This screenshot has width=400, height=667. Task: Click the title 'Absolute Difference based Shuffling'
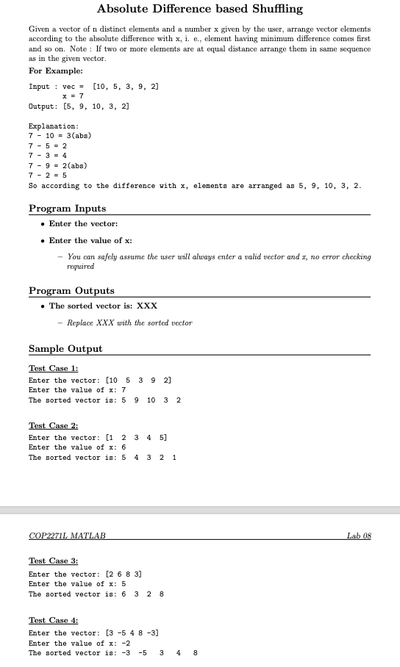click(199, 10)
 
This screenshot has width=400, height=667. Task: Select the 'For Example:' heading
click(56, 71)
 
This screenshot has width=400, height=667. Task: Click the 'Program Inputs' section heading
click(67, 208)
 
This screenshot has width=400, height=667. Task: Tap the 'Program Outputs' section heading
click(71, 291)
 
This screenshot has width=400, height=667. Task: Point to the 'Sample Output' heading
click(65, 348)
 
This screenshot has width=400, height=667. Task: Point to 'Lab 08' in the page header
click(359, 536)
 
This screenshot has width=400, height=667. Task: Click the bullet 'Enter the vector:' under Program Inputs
click(83, 223)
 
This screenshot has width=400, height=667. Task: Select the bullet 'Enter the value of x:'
click(90, 241)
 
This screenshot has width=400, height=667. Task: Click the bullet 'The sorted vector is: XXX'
click(103, 306)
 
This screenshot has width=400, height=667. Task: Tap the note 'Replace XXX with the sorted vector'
click(129, 323)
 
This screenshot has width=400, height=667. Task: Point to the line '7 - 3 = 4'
click(48, 155)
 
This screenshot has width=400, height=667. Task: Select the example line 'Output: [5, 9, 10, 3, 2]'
click(79, 107)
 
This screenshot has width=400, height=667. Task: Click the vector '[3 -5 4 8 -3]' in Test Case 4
click(133, 632)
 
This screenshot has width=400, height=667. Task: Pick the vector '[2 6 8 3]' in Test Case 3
click(124, 574)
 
